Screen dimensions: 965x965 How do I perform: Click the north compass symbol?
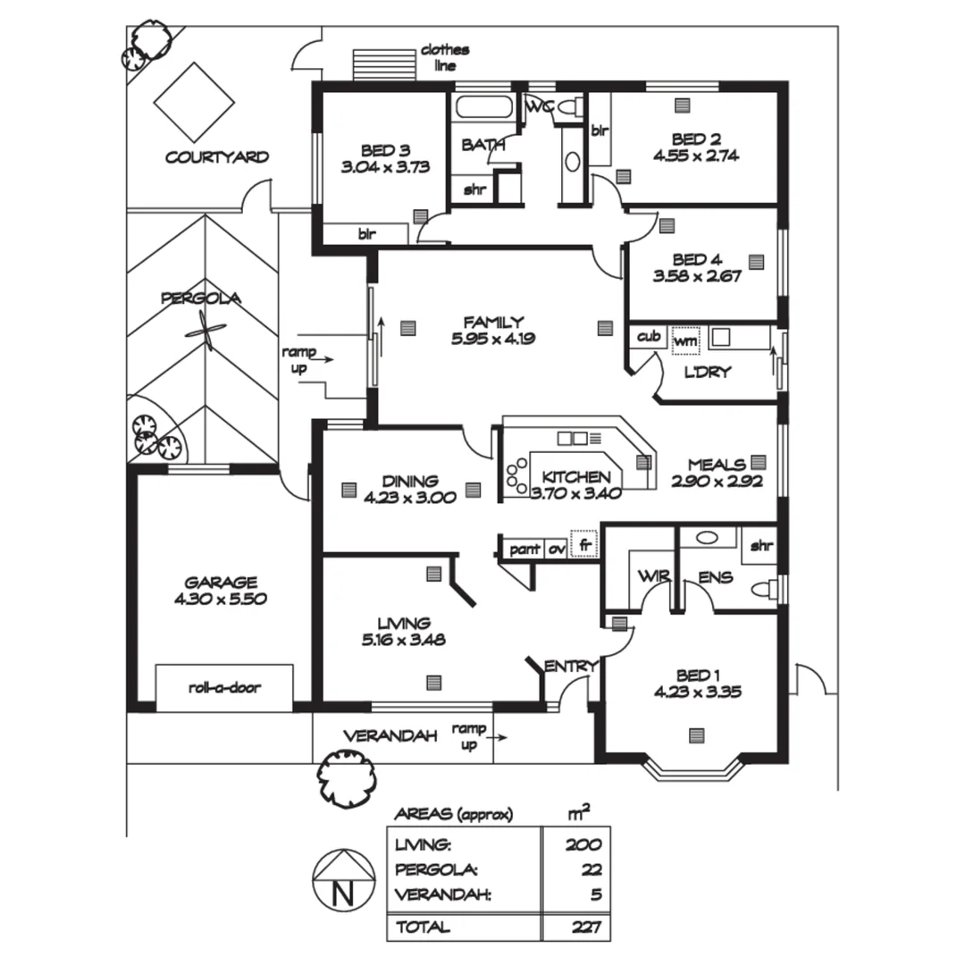[343, 881]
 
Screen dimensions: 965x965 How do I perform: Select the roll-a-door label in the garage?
[224, 687]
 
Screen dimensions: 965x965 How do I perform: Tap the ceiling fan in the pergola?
[206, 331]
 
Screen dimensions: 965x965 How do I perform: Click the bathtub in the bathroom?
[483, 107]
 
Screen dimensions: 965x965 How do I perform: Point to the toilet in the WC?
[570, 107]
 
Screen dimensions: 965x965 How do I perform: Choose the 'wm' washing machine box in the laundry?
[685, 340]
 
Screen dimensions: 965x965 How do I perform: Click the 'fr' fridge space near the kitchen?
[584, 544]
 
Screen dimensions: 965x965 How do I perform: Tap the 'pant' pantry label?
[524, 549]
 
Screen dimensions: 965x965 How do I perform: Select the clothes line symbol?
[384, 64]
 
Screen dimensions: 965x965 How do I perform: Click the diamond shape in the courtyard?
[194, 102]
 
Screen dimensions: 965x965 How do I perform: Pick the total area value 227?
[585, 927]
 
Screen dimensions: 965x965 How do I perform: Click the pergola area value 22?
[592, 869]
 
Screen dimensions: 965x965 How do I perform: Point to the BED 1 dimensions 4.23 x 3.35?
[697, 692]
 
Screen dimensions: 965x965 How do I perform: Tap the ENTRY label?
[570, 666]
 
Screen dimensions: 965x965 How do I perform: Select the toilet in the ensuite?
[763, 589]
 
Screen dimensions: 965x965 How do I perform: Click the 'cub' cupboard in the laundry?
[649, 337]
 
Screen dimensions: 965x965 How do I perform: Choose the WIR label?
[653, 576]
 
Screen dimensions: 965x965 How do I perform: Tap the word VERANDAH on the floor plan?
[390, 736]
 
